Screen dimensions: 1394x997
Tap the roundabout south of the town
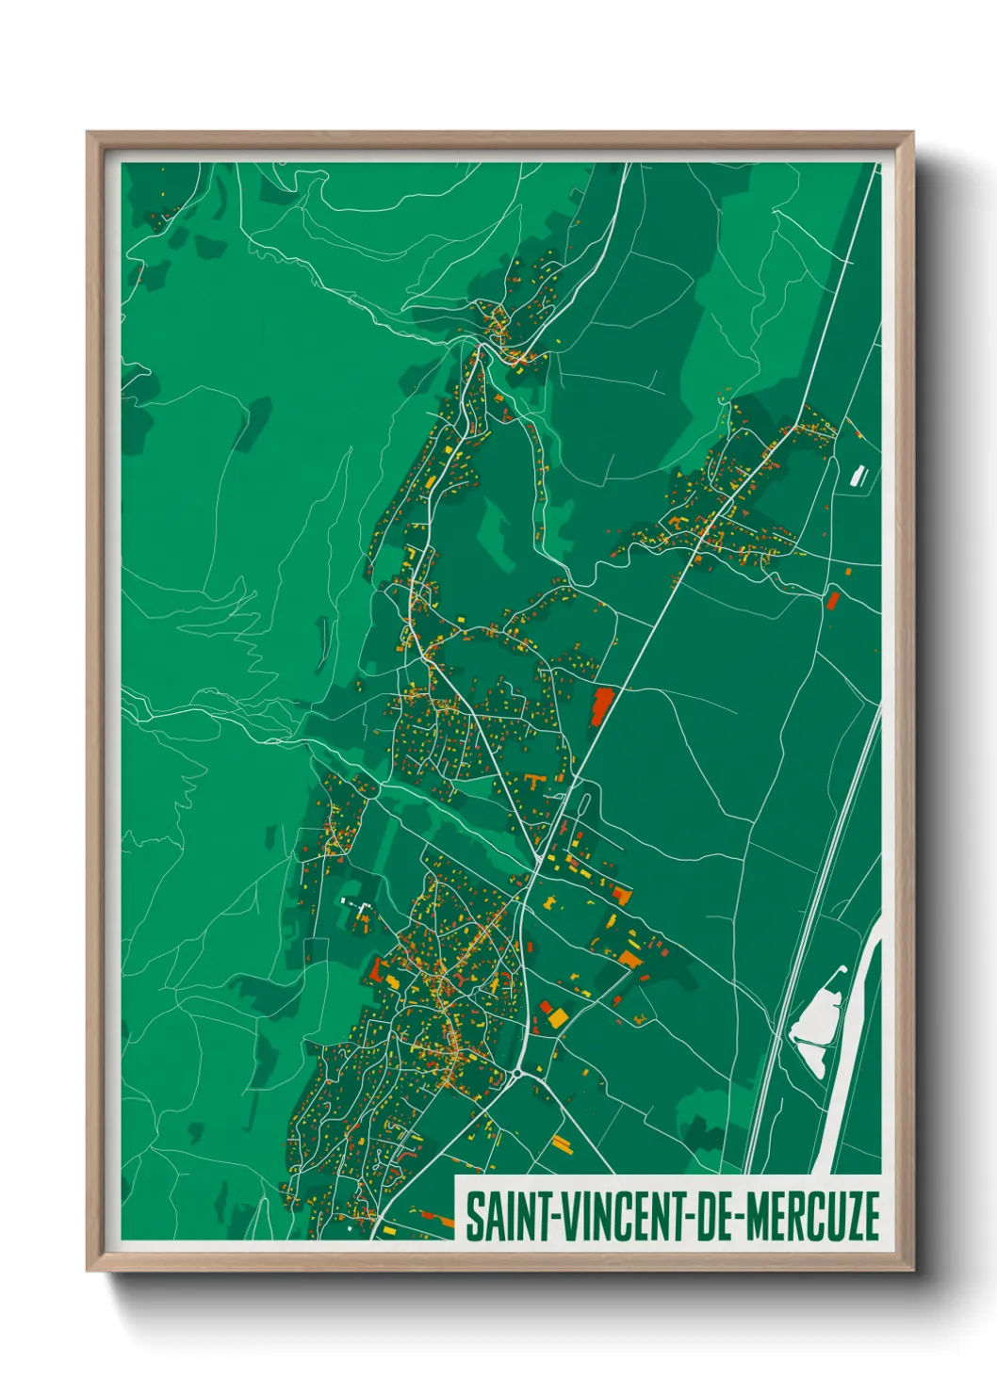click(x=517, y=1073)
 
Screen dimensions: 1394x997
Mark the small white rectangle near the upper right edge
click(x=858, y=476)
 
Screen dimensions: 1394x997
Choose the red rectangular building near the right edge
click(x=832, y=599)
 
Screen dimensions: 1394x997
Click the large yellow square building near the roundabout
click(x=558, y=1017)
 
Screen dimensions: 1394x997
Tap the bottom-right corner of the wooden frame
click(x=912, y=1271)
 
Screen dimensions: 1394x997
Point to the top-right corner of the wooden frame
click(x=912, y=133)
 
